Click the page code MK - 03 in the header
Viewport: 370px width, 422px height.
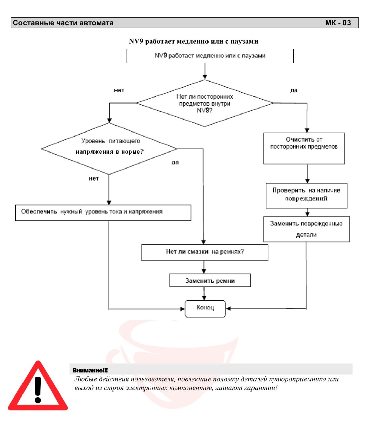click(338, 23)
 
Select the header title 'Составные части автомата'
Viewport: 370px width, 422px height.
click(63, 23)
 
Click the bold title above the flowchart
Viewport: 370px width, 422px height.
click(193, 41)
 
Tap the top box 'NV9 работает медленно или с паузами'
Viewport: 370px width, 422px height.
click(210, 56)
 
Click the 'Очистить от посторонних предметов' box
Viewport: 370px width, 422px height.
click(304, 148)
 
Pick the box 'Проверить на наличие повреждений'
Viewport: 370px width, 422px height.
click(306, 196)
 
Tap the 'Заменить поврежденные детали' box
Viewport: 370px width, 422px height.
click(306, 229)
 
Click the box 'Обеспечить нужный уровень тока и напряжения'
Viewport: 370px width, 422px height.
click(103, 213)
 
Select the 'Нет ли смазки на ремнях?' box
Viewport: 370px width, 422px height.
click(204, 252)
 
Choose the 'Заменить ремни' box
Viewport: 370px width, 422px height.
click(210, 280)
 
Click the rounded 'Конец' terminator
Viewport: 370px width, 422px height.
click(205, 309)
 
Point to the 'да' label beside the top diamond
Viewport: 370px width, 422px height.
click(294, 90)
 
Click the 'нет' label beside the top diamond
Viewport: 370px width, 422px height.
click(119, 90)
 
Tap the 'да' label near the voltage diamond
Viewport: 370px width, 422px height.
click(175, 162)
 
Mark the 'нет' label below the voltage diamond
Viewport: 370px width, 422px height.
click(94, 178)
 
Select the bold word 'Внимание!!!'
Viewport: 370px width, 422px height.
click(90, 370)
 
